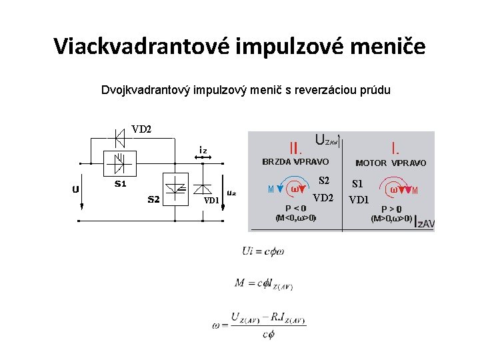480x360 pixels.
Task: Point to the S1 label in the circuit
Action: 121,182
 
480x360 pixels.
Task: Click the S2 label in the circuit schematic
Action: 153,199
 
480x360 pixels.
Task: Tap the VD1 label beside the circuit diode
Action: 211,200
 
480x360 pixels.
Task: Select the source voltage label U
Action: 75,189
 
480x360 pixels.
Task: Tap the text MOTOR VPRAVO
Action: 391,163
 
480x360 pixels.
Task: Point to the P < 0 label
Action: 295,208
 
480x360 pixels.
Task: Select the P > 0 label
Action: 391,209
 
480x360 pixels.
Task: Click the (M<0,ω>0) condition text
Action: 295,218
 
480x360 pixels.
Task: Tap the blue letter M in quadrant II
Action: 271,189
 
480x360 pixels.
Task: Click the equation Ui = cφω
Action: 263,251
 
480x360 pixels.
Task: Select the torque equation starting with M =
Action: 263,283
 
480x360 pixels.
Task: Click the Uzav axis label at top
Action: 327,140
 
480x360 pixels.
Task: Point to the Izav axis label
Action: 424,222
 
